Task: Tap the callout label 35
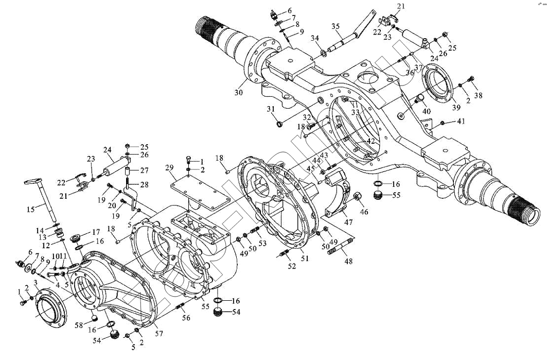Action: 336,27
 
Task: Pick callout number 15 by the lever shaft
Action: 31,209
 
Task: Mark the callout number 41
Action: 461,122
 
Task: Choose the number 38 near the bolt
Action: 479,96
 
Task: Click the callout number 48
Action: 349,261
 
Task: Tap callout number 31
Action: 271,109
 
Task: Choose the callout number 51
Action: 305,259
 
